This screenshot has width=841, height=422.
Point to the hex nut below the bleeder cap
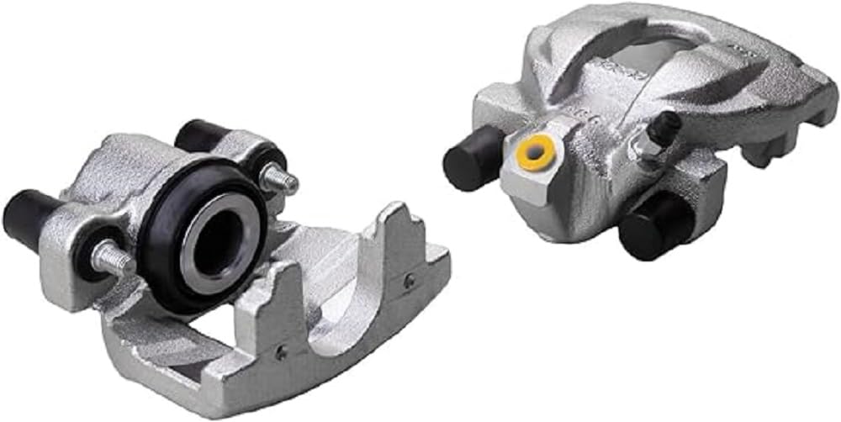pyautogui.click(x=651, y=149)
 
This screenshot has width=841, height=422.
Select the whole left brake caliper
pyautogui.click(x=227, y=269)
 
